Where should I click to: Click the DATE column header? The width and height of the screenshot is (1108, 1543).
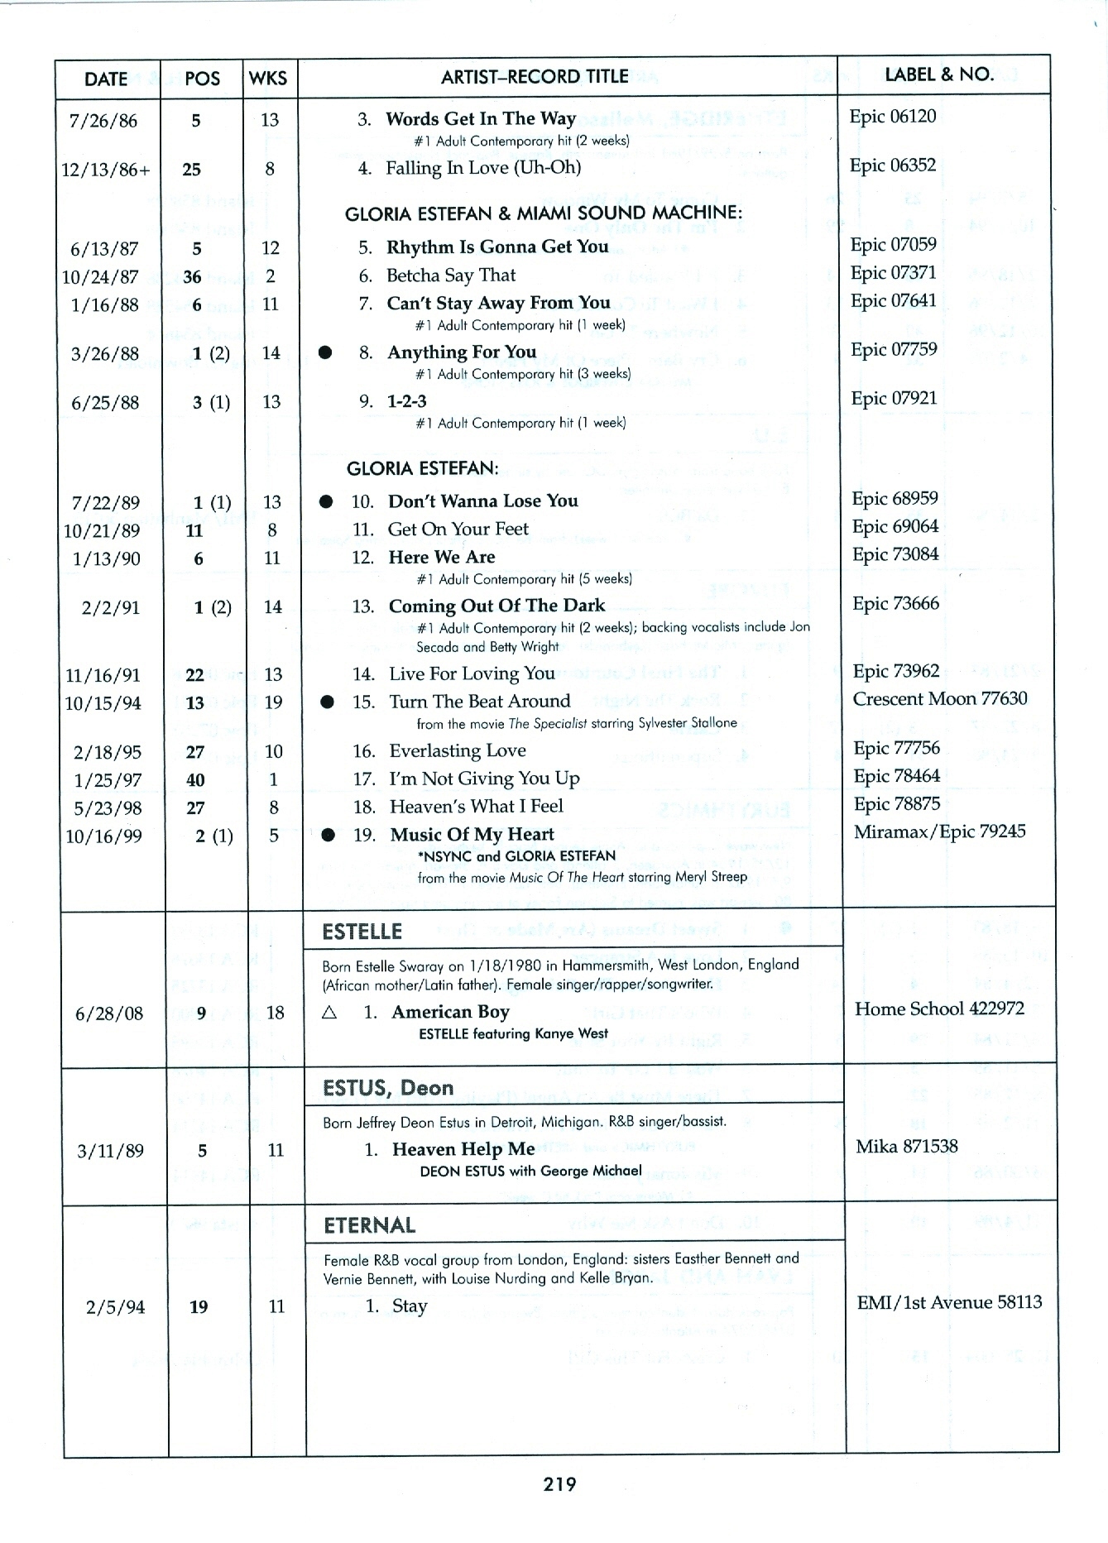[x=106, y=79]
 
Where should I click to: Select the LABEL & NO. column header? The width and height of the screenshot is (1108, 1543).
[x=939, y=74]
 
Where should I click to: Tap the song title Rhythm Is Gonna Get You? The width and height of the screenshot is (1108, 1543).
[x=496, y=247]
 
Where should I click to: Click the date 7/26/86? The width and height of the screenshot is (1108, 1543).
[x=103, y=121]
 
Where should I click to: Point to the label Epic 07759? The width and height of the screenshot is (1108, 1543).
[x=894, y=350]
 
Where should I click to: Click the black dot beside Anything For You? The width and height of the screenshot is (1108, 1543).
[x=325, y=353]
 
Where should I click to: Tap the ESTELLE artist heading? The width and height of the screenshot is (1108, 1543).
[x=362, y=932]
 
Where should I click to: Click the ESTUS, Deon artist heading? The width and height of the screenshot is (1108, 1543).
[x=388, y=1088]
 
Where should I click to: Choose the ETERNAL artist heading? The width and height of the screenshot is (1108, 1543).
[x=369, y=1225]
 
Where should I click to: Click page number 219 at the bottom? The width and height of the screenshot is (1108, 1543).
[x=559, y=1484]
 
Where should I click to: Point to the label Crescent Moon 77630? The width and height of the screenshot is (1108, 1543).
[x=940, y=699]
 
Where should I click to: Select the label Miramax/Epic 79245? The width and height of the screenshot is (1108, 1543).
[x=939, y=831]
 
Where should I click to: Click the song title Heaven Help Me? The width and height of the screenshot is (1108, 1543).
[x=463, y=1149]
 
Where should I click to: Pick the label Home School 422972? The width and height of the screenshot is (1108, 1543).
[x=939, y=1009]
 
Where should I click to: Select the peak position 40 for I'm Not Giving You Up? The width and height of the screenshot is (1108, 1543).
[x=195, y=780]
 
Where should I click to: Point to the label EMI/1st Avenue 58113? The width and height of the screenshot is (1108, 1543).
[x=949, y=1302]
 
